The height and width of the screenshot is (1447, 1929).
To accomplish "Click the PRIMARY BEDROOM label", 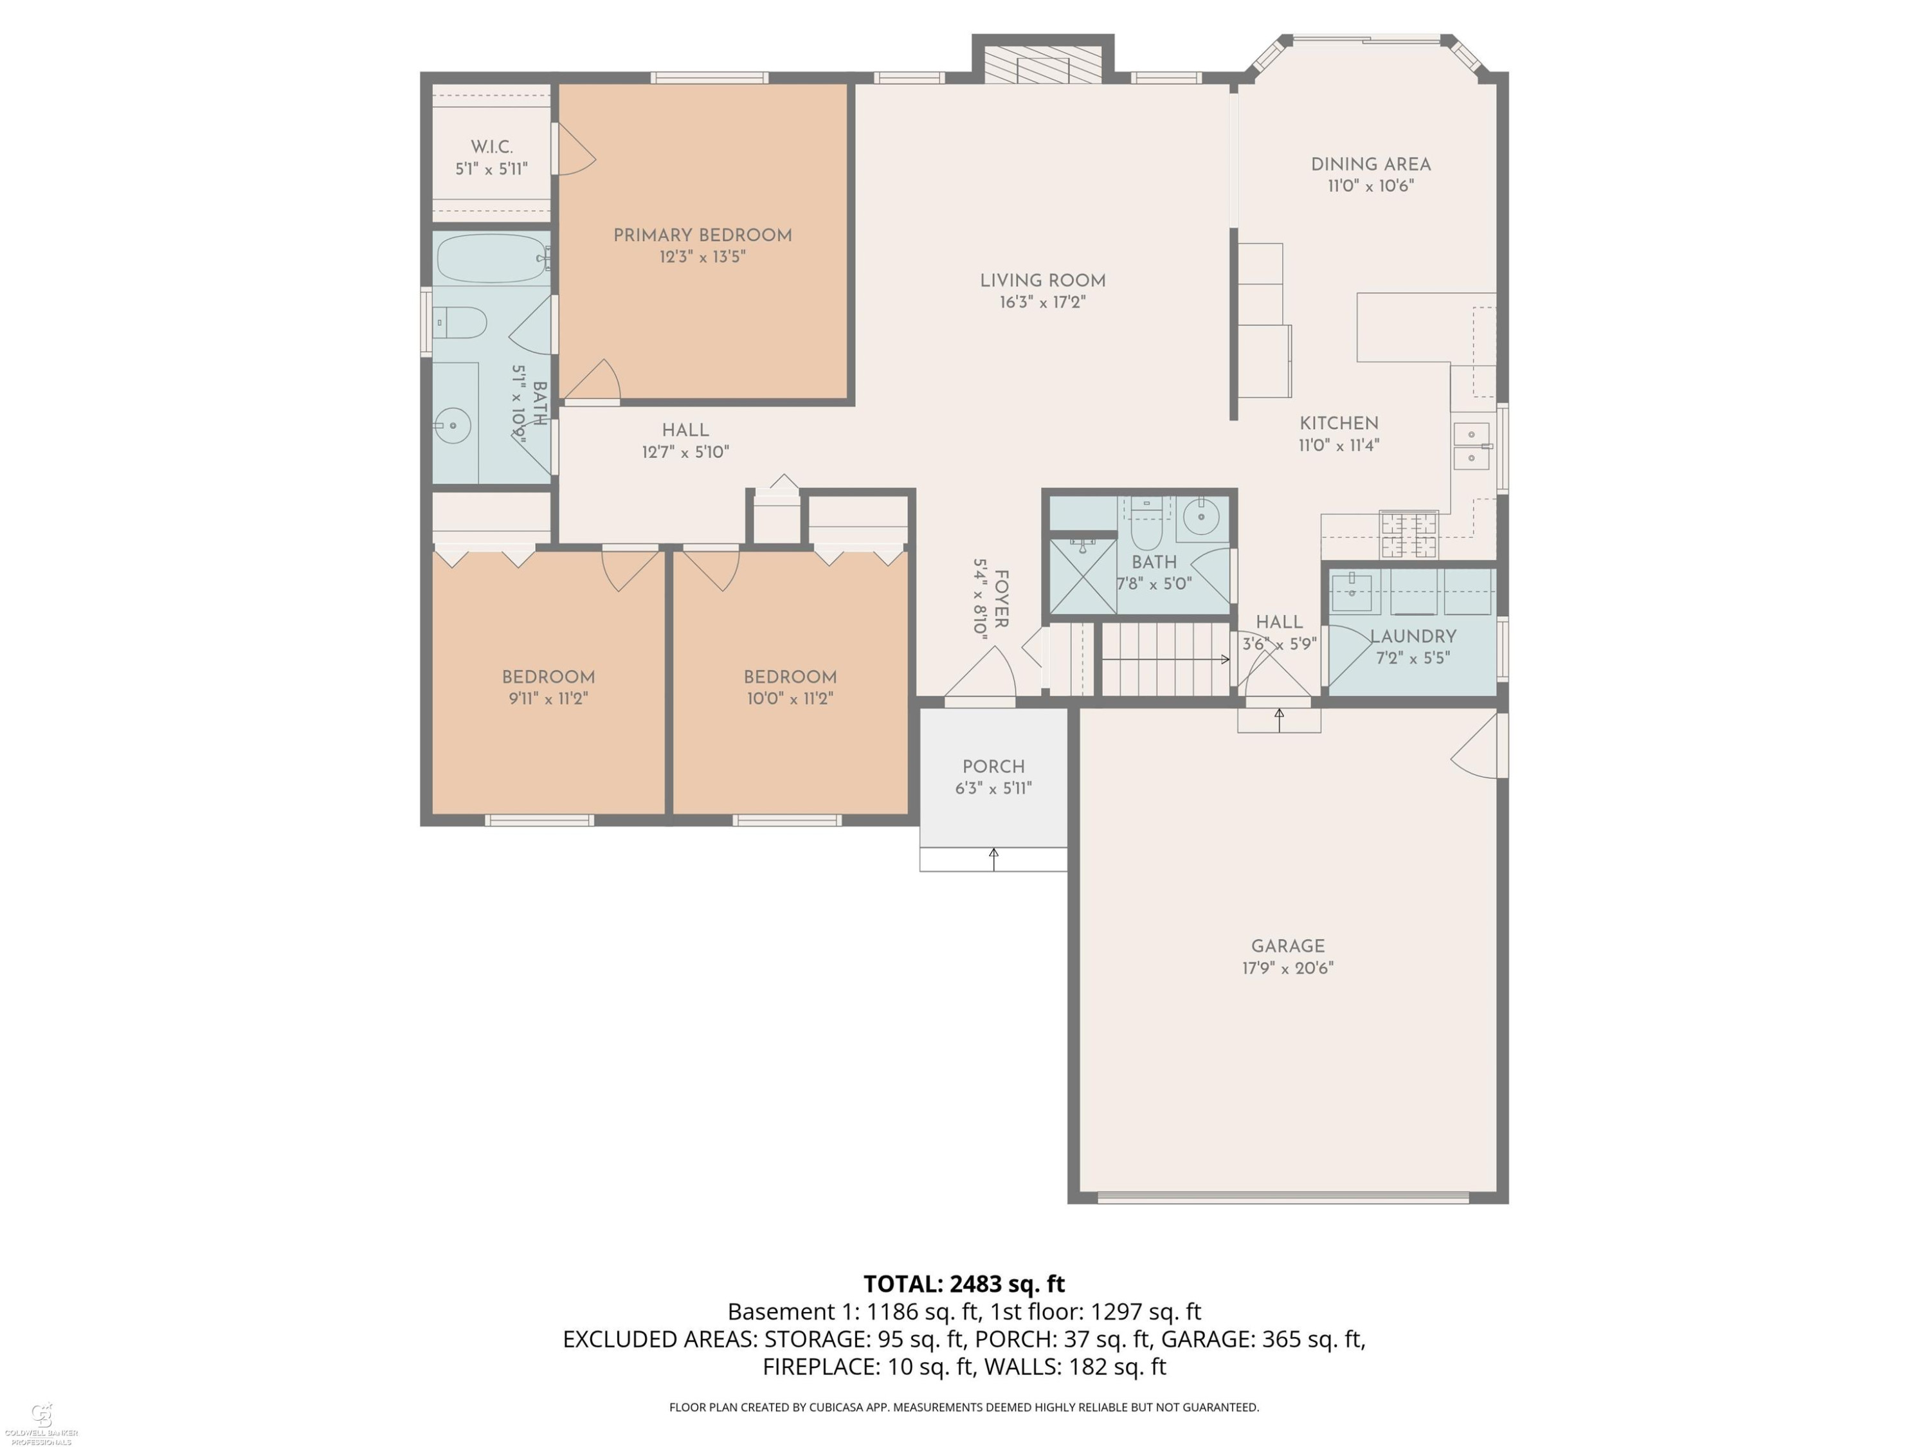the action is click(x=702, y=235).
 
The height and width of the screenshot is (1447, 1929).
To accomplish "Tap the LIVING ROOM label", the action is click(x=1042, y=281).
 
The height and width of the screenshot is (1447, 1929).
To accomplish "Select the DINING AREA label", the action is click(x=1371, y=164).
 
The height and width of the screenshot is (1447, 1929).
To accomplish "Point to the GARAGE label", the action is click(x=1287, y=947).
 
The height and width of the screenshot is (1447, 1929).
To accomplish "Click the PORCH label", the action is click(x=993, y=767).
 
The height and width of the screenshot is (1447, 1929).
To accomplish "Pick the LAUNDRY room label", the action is click(x=1413, y=637).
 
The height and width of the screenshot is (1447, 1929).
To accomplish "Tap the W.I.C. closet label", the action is click(x=492, y=147).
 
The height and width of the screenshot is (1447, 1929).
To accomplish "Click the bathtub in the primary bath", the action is click(x=492, y=258).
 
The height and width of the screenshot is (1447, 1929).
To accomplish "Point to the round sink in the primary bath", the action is click(x=453, y=426).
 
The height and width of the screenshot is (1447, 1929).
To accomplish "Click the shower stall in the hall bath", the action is click(x=1082, y=576).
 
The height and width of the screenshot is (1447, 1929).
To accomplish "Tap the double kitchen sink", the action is click(x=1472, y=446).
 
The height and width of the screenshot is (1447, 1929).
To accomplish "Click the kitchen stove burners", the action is click(x=1408, y=534).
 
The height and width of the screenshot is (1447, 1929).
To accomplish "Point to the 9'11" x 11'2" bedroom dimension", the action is click(x=548, y=698).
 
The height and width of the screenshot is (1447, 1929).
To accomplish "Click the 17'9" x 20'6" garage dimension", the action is click(x=1288, y=968).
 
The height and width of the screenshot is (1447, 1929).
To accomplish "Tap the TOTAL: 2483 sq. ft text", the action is click(x=964, y=1284).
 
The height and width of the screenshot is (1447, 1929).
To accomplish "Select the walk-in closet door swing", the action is click(x=575, y=149).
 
